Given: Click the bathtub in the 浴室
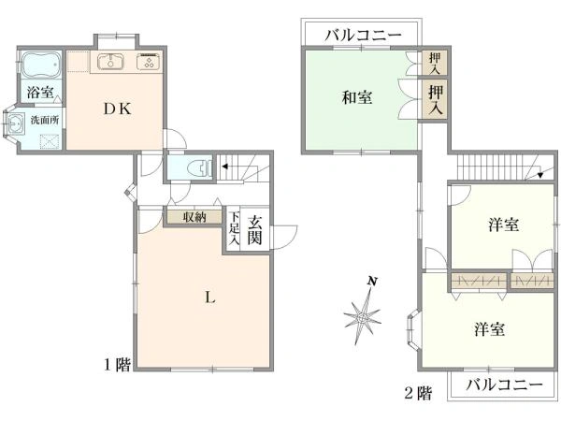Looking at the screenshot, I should [x=41, y=65].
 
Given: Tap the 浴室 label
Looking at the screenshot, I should [x=39, y=93].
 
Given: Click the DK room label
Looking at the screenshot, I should [x=117, y=109].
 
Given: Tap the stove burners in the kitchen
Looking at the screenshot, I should [x=148, y=63].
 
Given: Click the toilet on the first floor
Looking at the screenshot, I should [x=195, y=168].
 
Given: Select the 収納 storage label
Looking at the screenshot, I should [x=194, y=217].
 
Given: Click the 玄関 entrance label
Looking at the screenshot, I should [x=256, y=228].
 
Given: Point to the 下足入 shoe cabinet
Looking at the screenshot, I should [x=234, y=230].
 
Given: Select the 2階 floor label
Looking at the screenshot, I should [x=418, y=393].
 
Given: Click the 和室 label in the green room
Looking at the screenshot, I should [x=356, y=96].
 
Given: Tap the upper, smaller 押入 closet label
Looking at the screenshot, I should [x=434, y=63].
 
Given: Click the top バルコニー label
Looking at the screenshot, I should [x=364, y=36].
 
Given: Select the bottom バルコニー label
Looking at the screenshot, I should [x=504, y=385].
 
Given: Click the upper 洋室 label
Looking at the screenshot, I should [x=504, y=225].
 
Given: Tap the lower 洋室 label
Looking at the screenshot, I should [x=490, y=329].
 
